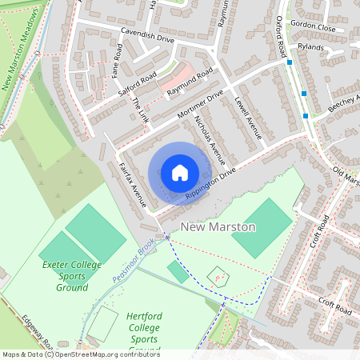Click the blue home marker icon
pos(179,173)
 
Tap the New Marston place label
pos(218,227)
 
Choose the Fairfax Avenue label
pos(130,180)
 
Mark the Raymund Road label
pos(190,83)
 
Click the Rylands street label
pos(310,46)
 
